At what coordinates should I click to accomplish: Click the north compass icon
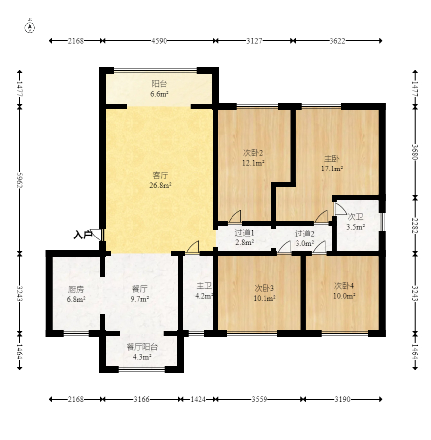point(30,27)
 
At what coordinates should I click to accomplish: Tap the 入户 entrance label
point(83,235)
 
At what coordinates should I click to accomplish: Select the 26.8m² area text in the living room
point(161,185)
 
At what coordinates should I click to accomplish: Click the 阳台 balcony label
point(160,84)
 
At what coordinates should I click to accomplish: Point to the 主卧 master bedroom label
point(332,159)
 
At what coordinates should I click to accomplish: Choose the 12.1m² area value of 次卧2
point(253,163)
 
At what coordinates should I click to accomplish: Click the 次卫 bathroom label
point(355,217)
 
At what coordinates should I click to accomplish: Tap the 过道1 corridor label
point(244,233)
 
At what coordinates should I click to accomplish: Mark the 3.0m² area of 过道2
point(305,243)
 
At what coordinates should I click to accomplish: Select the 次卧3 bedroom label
point(264,288)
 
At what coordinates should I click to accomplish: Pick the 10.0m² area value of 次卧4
point(344,296)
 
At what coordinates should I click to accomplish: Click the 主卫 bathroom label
point(204,286)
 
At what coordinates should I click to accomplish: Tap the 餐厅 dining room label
point(140,288)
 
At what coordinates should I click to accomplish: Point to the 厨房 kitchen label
point(76,289)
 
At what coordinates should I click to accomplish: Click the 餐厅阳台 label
point(142,347)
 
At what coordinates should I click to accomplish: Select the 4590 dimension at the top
point(159,41)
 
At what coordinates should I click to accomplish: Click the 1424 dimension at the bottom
point(198,399)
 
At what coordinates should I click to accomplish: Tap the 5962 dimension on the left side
point(19,180)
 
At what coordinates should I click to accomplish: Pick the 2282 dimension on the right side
point(415,225)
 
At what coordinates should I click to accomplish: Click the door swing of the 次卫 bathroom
point(340,208)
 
